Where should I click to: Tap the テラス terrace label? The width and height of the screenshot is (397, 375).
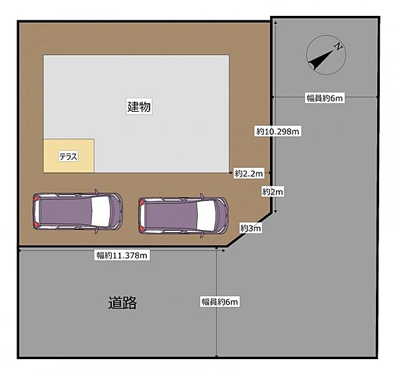(x=68, y=157)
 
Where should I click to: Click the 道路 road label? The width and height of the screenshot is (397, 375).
(x=122, y=303)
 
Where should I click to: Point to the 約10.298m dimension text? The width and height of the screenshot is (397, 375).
(x=278, y=132)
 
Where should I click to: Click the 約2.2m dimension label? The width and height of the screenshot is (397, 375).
(x=249, y=173)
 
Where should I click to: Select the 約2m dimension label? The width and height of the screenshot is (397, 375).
(x=272, y=192)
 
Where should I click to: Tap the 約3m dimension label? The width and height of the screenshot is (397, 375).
(x=251, y=228)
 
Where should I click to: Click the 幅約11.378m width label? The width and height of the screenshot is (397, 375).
(x=122, y=255)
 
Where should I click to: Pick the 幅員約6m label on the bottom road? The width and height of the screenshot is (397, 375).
(x=220, y=302)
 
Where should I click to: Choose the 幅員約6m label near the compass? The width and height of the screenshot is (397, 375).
(x=324, y=99)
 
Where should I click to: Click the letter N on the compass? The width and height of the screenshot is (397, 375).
(x=337, y=47)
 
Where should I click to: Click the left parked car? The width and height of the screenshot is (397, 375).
(x=77, y=212)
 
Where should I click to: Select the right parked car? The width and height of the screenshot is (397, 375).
(x=183, y=215)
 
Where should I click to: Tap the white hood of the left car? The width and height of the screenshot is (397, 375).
(x=103, y=212)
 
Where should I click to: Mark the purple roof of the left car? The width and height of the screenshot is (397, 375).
(x=66, y=212)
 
